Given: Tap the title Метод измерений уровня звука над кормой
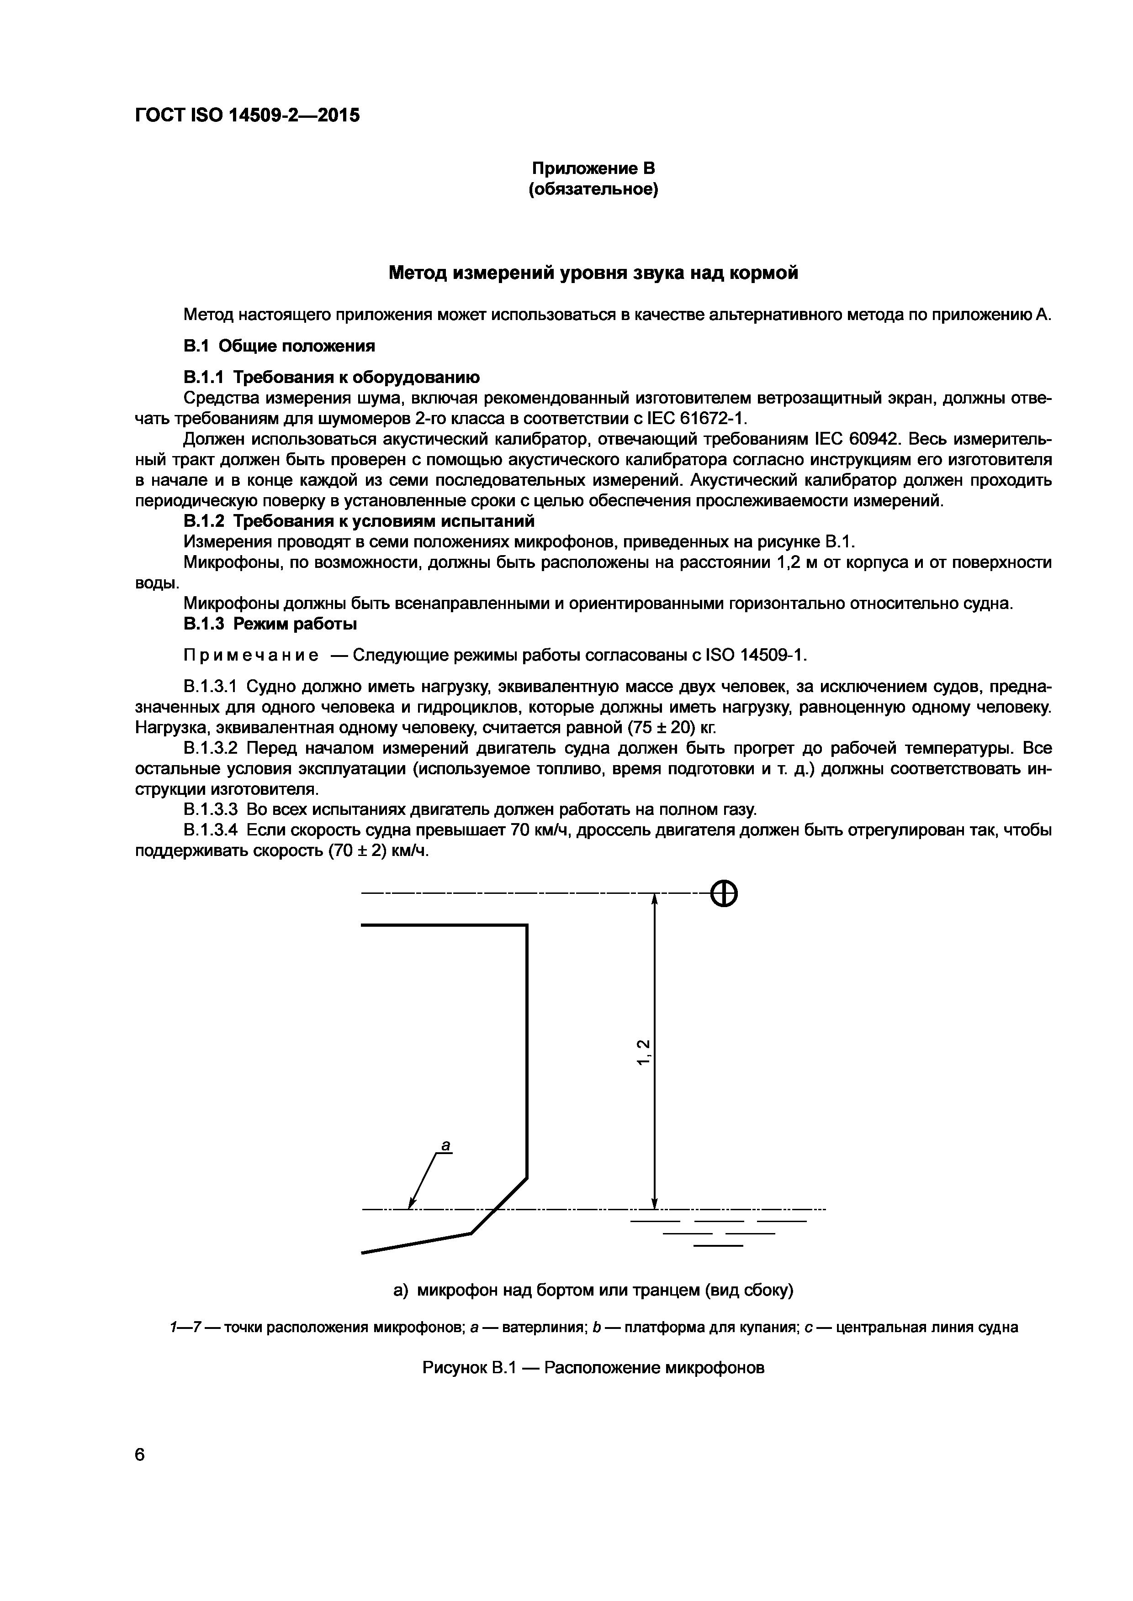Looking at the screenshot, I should pyautogui.click(x=593, y=273).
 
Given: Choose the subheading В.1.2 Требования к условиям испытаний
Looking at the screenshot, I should pyautogui.click(x=359, y=522).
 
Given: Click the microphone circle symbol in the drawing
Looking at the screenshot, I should pyautogui.click(x=724, y=893).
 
